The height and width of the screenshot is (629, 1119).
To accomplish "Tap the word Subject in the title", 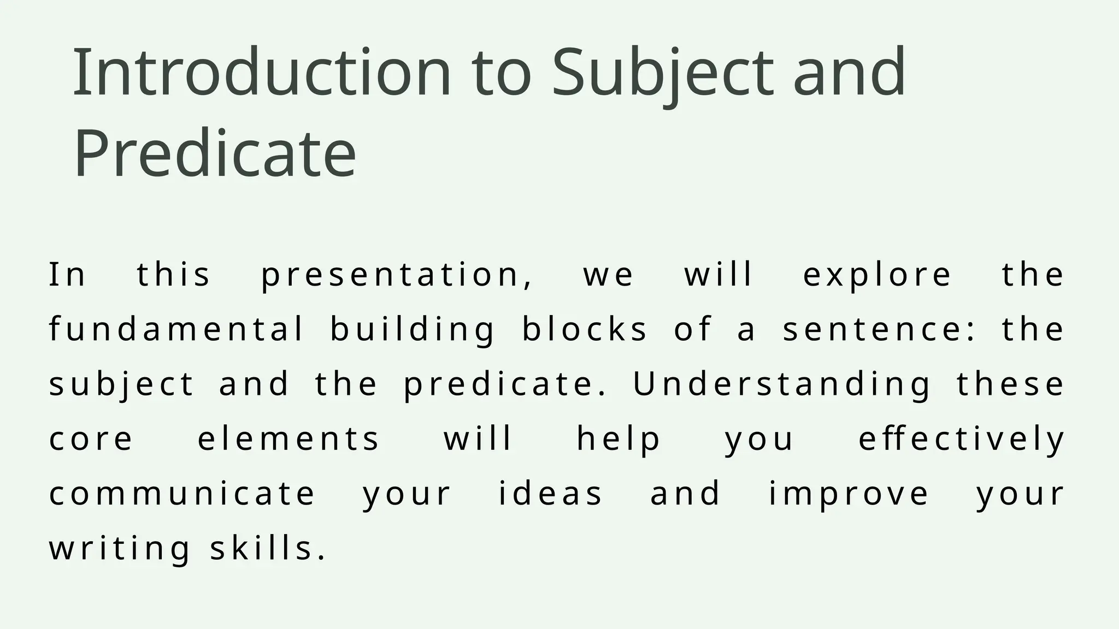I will tap(663, 72).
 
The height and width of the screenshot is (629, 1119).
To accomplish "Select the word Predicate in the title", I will tap(215, 153).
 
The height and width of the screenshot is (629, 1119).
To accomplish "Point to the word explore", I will tap(877, 275).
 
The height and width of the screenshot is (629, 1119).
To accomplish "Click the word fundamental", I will tap(176, 329).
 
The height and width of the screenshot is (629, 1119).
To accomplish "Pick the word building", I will tap(413, 329).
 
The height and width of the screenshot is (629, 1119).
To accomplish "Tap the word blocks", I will tap(585, 329).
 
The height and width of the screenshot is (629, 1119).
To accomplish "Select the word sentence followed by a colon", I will tap(876, 329).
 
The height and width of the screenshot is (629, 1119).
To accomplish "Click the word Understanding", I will tap(781, 384).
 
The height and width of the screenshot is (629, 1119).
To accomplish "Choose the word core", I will tap(91, 438).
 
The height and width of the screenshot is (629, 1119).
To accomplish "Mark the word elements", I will tap(288, 438).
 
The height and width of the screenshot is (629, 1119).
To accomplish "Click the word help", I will tap(619, 438).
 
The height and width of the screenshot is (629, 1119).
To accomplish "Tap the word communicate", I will tap(182, 494).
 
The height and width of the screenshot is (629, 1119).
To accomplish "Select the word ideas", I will tap(550, 494).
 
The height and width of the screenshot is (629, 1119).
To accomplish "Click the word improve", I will tap(849, 494).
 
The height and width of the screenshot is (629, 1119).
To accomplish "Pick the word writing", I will tap(120, 548).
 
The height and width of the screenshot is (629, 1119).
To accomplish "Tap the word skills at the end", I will tap(267, 548).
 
